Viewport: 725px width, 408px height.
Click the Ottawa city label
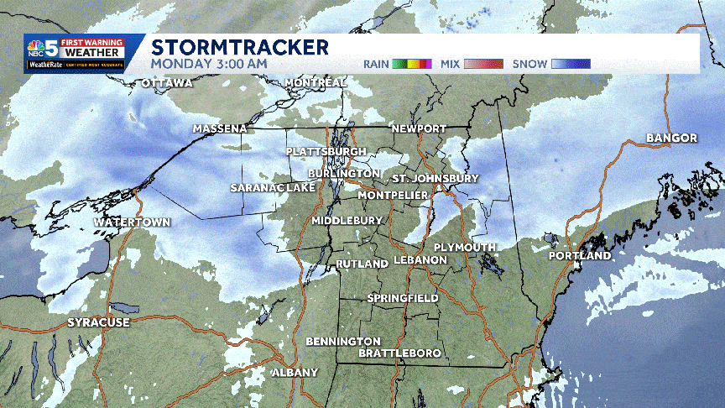pyautogui.click(x=167, y=83)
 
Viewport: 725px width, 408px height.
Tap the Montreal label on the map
pyautogui.click(x=316, y=82)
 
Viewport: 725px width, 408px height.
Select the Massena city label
pyautogui.click(x=220, y=128)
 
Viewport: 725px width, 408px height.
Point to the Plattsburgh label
pyautogui.click(x=326, y=151)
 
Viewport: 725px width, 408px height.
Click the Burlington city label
pyautogui.click(x=343, y=173)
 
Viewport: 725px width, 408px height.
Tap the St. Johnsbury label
pyautogui.click(x=436, y=179)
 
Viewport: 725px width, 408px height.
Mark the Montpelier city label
pyautogui.click(x=393, y=195)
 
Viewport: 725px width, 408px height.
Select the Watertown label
pyautogui.click(x=132, y=222)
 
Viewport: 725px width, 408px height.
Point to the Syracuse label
pyautogui.click(x=99, y=322)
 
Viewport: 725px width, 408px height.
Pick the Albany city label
pyautogui.click(x=295, y=372)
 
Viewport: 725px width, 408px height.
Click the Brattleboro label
pyautogui.click(x=399, y=353)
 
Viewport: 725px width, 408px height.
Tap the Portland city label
pyautogui.click(x=580, y=255)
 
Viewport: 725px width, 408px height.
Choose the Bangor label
pyautogui.click(x=672, y=138)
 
